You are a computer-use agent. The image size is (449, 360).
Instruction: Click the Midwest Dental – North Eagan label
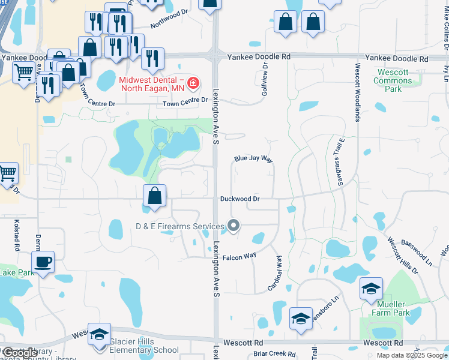pos(151,85)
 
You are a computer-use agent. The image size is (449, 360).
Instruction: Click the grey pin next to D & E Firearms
pos(234,226)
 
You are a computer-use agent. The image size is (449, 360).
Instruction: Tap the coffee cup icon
pos(43,262)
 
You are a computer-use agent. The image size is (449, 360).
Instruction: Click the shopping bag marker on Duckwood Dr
pos(155,196)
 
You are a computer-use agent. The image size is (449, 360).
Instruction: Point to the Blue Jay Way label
pos(253,160)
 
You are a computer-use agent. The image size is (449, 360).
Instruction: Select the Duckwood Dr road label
pos(240,199)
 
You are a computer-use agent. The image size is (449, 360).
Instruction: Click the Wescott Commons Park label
pos(393,80)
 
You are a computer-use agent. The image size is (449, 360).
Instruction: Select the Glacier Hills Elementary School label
pos(144,346)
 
